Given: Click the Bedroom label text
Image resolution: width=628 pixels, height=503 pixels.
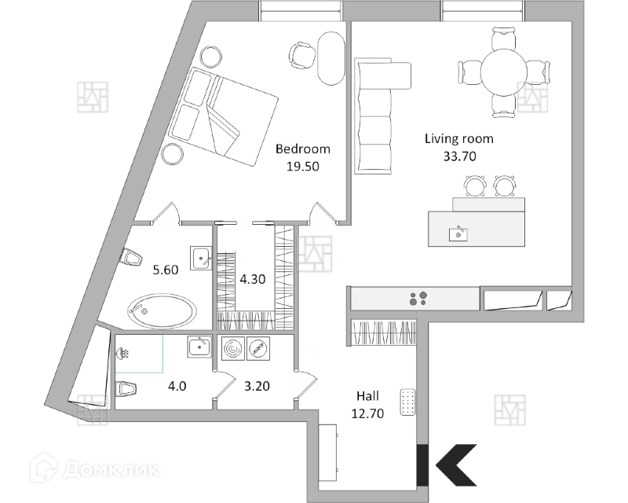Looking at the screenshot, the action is coord(302,149).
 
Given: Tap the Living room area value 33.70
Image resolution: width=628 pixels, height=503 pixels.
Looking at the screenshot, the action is coord(459,156).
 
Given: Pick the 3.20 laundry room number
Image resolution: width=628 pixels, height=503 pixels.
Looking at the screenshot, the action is coord(259,386).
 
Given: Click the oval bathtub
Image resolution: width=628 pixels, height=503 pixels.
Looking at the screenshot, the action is coord(163,310).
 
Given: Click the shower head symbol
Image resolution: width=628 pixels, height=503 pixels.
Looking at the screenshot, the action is coord(124,354).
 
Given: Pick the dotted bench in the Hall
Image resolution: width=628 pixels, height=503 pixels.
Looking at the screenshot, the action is coord(407,403).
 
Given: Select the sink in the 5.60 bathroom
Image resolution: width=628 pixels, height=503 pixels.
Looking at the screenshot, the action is coord(201,256).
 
